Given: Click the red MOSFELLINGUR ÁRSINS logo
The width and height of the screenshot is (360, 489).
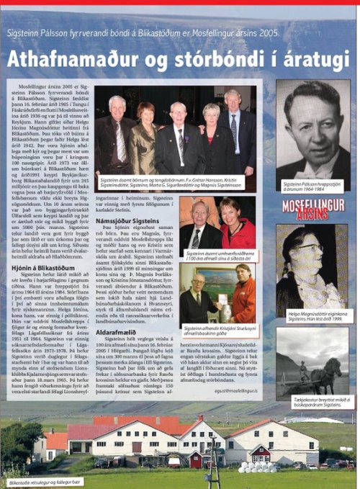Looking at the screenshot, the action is point(312,208).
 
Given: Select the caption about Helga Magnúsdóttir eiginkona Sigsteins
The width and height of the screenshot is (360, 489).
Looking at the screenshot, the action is point(312,316).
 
